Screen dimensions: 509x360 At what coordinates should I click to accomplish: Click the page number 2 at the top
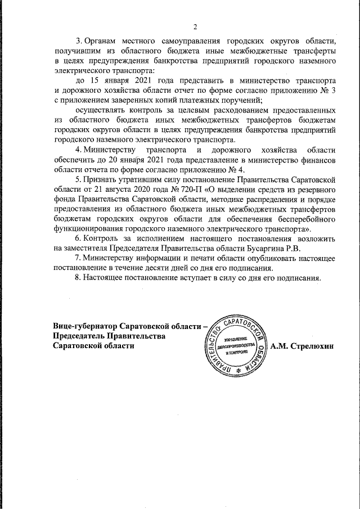pos(195,27)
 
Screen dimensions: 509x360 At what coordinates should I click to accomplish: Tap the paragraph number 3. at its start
pos(79,42)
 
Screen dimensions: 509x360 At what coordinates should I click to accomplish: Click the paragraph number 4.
pos(79,150)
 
